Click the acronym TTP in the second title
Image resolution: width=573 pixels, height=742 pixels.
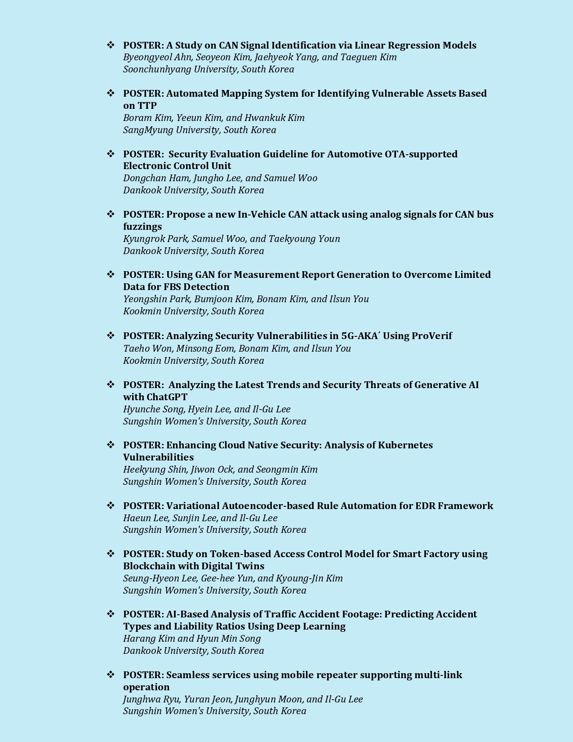(147, 106)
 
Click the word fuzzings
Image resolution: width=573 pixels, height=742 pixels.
(142, 227)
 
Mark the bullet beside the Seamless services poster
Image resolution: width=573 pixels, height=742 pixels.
(111, 675)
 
